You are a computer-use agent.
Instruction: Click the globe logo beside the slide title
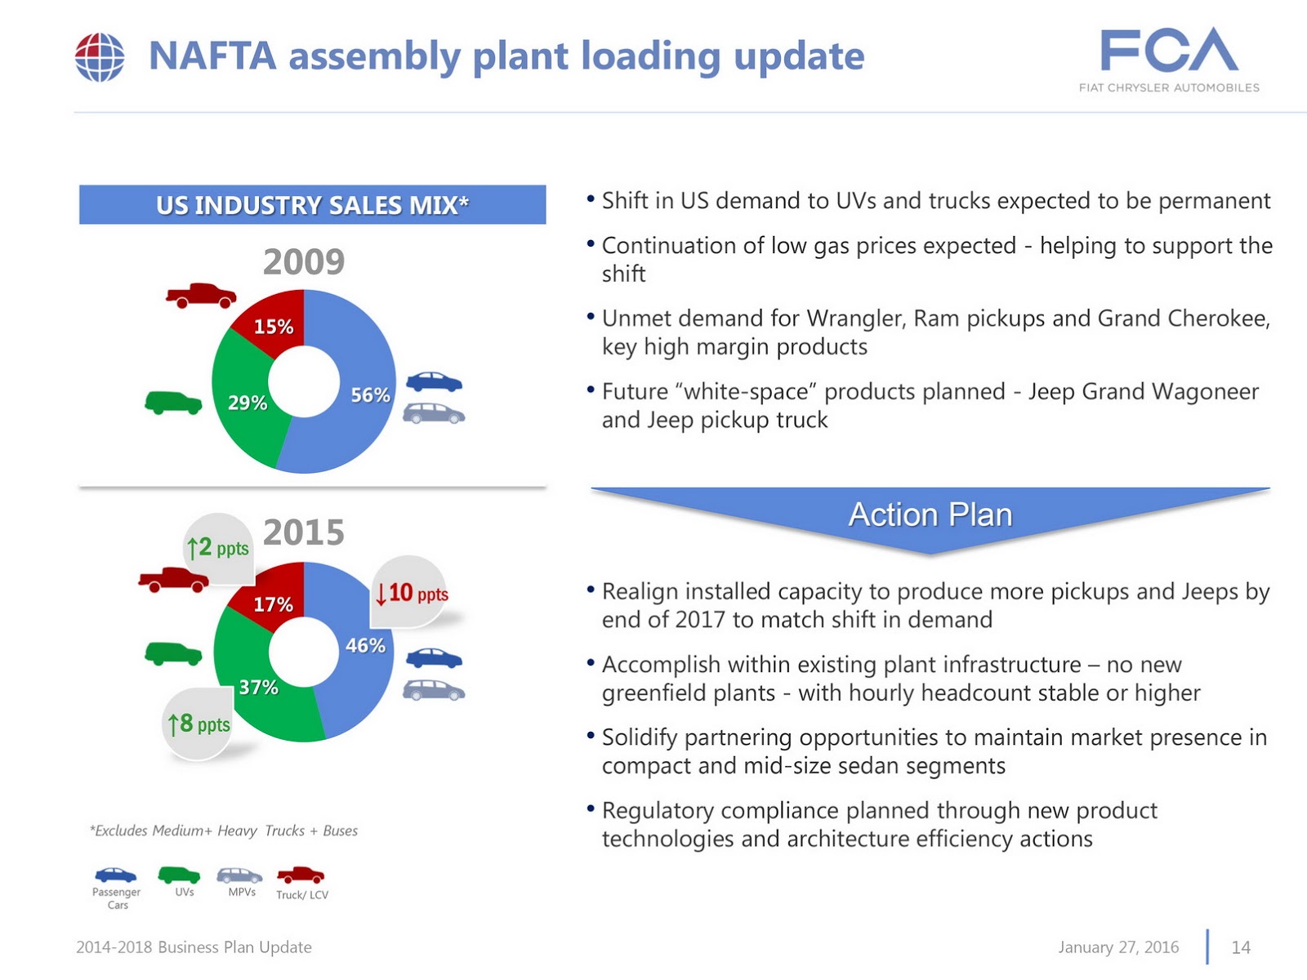tap(100, 57)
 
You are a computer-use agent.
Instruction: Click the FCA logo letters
tap(1169, 51)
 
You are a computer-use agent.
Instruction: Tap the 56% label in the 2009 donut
tap(370, 395)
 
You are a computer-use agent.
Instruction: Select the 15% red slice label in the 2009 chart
tap(273, 327)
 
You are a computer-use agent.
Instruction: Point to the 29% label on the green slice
tap(248, 403)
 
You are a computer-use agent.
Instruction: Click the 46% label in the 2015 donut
tap(365, 645)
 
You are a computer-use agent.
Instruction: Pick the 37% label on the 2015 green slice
tap(258, 688)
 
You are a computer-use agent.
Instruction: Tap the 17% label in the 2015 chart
tap(273, 604)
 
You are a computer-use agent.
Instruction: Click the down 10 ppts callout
tap(412, 593)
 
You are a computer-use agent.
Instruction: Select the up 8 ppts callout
tap(199, 724)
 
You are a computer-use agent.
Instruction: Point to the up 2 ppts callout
tap(217, 547)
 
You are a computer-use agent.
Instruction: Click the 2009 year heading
tap(304, 262)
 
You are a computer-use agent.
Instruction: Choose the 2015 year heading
tap(304, 532)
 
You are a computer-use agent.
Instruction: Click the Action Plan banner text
tap(930, 515)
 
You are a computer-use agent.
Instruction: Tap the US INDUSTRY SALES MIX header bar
tap(312, 205)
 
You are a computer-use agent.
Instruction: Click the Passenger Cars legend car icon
tap(116, 875)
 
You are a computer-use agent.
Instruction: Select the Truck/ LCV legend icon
tap(301, 875)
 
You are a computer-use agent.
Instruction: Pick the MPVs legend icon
tap(239, 875)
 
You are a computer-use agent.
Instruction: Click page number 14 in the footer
tap(1241, 947)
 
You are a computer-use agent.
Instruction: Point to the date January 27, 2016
tap(1118, 947)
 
